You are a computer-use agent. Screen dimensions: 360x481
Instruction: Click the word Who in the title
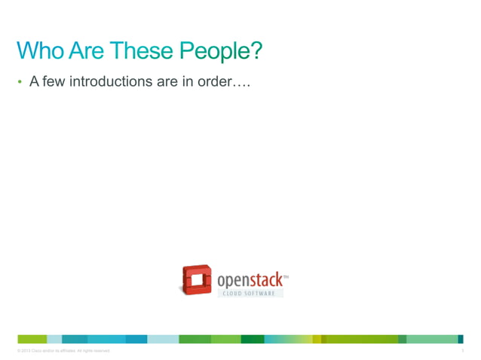(41, 50)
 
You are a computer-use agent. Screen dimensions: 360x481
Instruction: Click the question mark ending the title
(256, 50)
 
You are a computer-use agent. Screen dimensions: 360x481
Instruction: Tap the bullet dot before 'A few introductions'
(21, 82)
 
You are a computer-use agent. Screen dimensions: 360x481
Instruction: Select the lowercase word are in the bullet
(167, 81)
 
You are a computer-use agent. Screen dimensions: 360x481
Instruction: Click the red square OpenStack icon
(196, 279)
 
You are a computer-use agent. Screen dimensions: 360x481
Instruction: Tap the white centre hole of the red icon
(196, 280)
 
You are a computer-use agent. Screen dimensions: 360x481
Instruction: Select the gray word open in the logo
(234, 280)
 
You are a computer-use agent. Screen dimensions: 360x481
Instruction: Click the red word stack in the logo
(265, 280)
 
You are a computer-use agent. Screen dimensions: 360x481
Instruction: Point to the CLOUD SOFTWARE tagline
(249, 294)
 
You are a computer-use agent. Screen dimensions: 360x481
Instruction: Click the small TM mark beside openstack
(285, 276)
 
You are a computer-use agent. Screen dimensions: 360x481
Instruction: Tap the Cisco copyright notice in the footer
(63, 351)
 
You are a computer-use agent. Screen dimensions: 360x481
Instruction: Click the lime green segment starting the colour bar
(32, 339)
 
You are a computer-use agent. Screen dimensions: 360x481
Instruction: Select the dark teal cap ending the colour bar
(461, 339)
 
